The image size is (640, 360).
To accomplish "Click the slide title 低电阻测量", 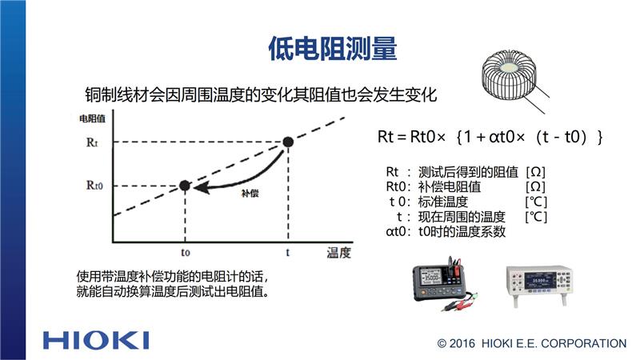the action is (333, 49).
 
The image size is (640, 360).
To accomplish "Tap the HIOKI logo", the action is (96, 341).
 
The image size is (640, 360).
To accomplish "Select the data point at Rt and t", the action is (288, 142).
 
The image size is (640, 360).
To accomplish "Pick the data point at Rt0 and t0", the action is (185, 186).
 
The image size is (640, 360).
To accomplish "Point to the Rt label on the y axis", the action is (92, 142).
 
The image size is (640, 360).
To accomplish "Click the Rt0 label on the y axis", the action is (94, 186).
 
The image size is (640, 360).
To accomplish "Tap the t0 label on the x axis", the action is (186, 252).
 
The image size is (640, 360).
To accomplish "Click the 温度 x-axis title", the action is (338, 253).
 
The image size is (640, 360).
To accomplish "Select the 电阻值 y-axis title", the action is (92, 118).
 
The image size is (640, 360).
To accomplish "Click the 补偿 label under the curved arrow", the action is (250, 193).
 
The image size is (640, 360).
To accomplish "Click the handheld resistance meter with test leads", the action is (445, 283).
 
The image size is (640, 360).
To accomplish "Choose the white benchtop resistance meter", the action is (539, 285).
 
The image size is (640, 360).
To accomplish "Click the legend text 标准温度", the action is (443, 202).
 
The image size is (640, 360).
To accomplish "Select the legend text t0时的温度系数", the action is (462, 231).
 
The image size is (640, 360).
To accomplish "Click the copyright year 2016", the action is (462, 343).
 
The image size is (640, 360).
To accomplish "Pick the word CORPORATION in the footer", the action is (584, 343).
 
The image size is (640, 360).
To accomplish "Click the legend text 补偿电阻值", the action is (450, 186).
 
